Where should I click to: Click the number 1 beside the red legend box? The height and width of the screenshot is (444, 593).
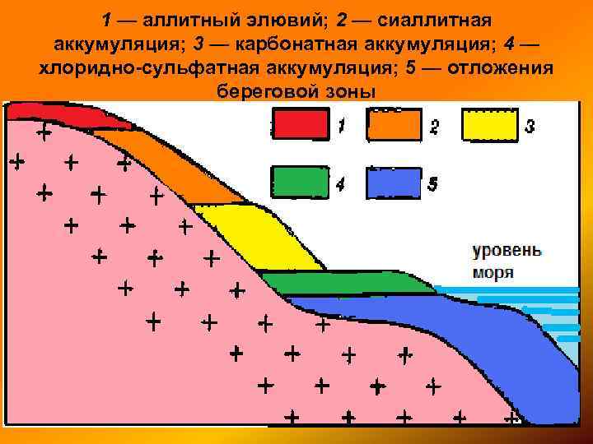[x=341, y=126]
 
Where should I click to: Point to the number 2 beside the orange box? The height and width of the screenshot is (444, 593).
[x=434, y=127]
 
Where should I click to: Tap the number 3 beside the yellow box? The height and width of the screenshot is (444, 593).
[x=530, y=126]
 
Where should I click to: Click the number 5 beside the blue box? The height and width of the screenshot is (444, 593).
[x=433, y=185]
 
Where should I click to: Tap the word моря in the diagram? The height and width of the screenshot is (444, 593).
[x=493, y=273]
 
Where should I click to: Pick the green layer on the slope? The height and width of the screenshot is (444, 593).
[x=346, y=283]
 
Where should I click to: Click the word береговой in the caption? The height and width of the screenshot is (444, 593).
[x=259, y=90]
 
